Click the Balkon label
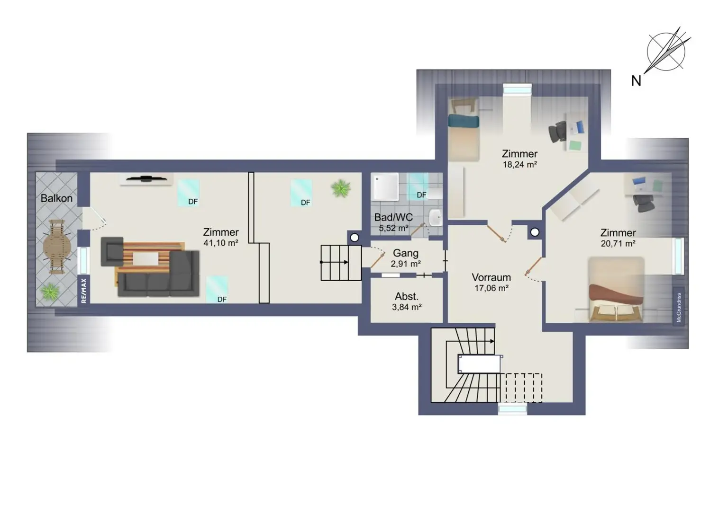point(56,198)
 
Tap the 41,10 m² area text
point(221,243)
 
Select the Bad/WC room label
point(393,217)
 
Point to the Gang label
point(406,253)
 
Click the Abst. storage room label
point(407,296)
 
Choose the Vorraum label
point(491,277)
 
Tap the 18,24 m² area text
point(519,165)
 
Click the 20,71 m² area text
point(618,243)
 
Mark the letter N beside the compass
point(636,81)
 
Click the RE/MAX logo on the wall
point(84,291)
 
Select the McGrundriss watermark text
point(679,307)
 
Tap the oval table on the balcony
point(57,246)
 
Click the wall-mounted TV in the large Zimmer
point(146,178)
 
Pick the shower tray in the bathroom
point(385,186)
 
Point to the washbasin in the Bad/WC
point(435,217)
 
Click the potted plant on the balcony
point(50,291)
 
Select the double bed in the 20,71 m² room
point(616,290)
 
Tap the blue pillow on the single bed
point(464,121)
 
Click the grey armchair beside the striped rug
point(112,251)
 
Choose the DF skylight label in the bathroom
point(421,195)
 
